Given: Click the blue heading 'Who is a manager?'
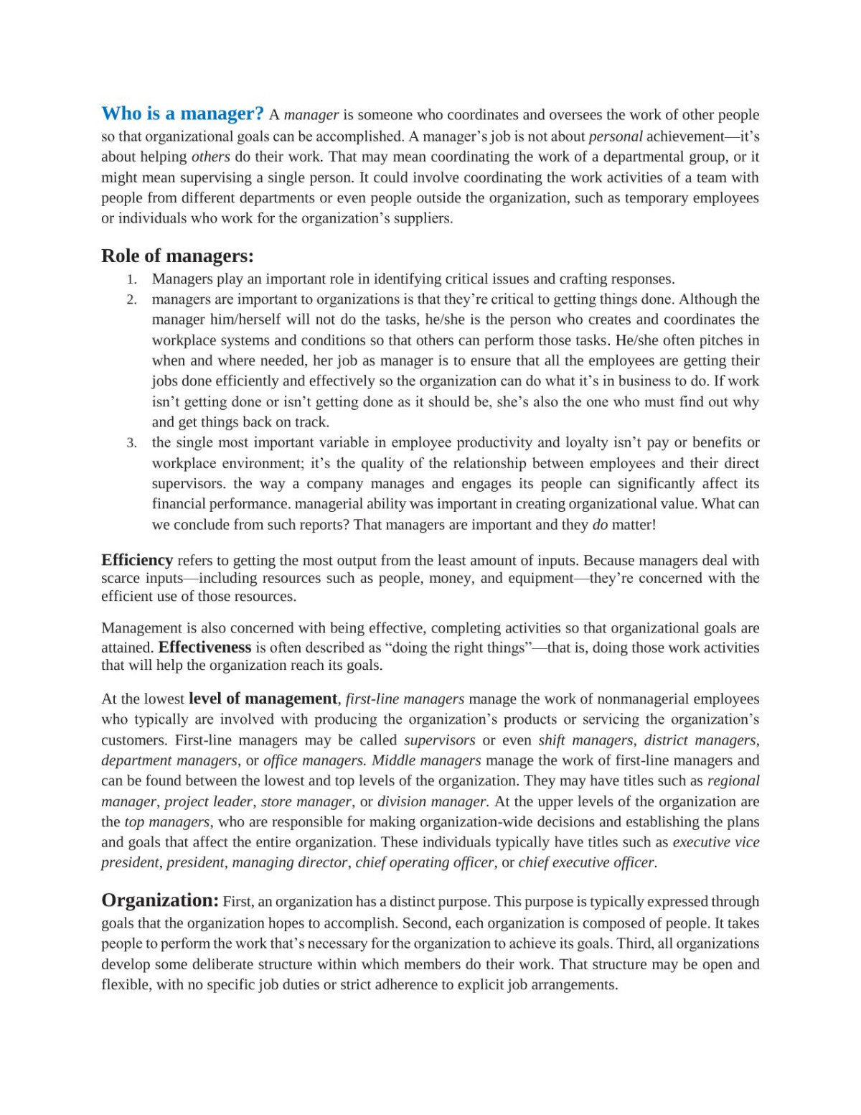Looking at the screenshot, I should [183, 113].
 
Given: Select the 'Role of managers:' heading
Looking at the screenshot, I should [177, 256].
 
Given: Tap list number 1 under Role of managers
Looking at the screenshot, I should [131, 279].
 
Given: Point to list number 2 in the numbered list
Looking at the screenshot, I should [131, 299].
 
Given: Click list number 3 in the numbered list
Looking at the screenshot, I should [131, 443].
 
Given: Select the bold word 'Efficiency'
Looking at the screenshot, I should [137, 560].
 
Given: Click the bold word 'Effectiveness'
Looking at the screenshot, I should [204, 647].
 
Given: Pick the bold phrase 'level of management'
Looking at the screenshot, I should [263, 699].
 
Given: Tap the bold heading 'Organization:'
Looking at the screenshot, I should [160, 900].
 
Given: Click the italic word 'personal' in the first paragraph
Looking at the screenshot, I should [616, 136].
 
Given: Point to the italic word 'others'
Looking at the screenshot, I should [211, 157].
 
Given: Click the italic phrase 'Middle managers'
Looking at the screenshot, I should [426, 760].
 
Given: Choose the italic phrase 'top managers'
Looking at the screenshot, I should [167, 822].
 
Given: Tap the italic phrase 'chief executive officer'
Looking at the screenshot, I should [588, 862].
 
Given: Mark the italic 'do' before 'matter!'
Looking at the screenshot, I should [600, 525].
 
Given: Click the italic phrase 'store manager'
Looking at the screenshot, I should [306, 801].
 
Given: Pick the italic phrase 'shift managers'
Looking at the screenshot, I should [585, 740].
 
